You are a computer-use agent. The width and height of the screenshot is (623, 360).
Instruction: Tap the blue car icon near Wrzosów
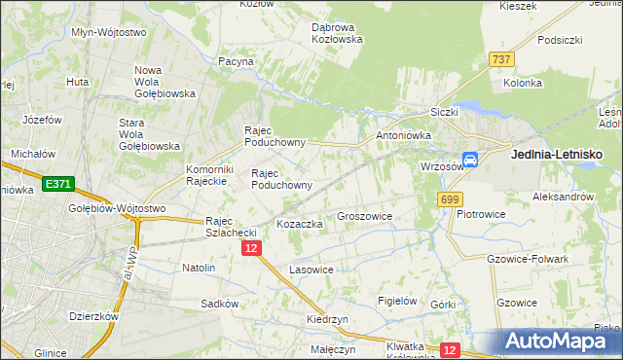pos(470,160)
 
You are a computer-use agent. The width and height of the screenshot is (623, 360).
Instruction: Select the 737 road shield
pos(501,59)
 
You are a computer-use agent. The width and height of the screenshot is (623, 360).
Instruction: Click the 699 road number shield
pos(449,199)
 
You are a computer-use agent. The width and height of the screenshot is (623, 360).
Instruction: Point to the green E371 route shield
pos(57,184)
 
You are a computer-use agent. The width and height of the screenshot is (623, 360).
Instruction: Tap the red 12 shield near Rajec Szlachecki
pos(251,249)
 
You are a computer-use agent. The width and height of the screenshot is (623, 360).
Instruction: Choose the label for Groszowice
pos(364,216)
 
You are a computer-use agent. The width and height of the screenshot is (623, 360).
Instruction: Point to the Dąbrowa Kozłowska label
pos(337,33)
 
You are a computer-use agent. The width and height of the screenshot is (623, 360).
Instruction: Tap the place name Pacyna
pos(237,61)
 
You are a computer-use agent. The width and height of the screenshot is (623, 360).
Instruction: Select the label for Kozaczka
pos(300,224)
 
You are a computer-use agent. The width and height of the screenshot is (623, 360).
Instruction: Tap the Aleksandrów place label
pos(564,196)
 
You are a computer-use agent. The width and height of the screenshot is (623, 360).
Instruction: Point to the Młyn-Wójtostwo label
pos(108,31)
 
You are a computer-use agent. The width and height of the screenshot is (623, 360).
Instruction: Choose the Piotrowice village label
pos(479,214)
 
